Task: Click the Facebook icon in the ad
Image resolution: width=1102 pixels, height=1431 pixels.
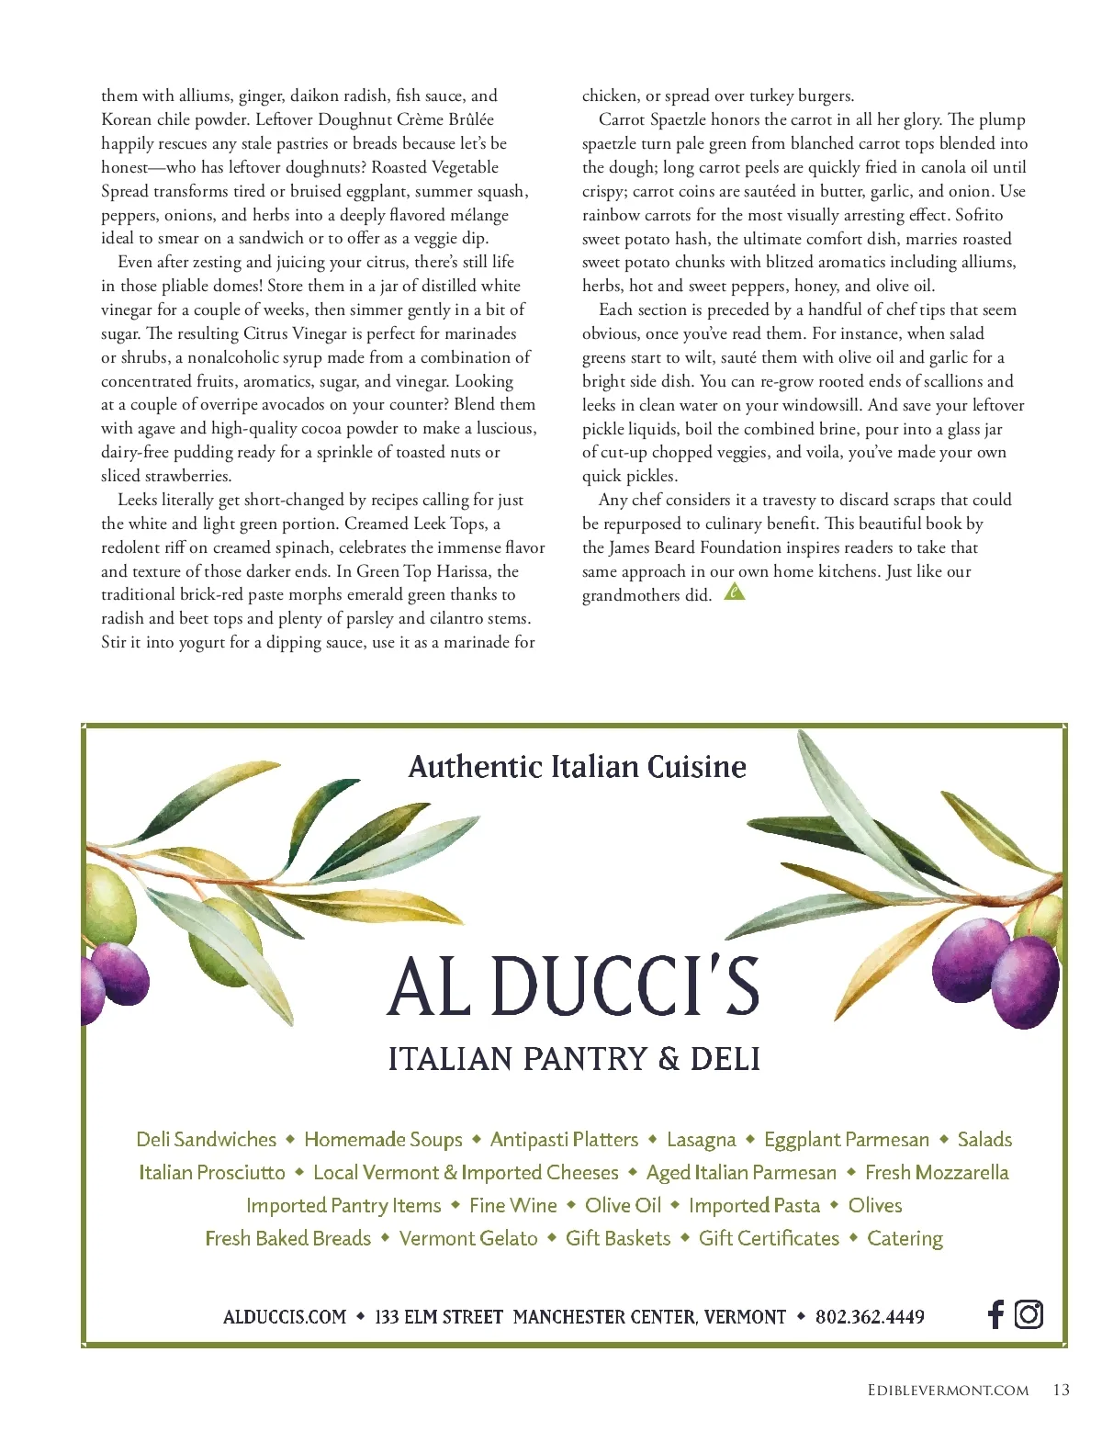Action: [x=995, y=1314]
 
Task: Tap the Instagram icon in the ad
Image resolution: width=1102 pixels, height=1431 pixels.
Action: [x=1029, y=1314]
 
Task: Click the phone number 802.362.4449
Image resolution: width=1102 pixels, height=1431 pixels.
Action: [x=870, y=1317]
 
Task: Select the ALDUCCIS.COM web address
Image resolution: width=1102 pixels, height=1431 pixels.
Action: [x=285, y=1317]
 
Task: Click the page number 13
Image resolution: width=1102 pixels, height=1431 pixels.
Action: [x=1061, y=1390]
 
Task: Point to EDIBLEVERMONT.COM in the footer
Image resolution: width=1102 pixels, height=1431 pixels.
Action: [x=948, y=1391]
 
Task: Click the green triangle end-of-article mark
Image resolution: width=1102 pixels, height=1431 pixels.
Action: [x=734, y=592]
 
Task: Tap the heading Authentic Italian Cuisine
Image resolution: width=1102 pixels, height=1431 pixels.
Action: [x=577, y=767]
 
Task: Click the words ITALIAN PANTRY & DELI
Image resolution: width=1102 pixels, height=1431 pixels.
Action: [x=574, y=1059]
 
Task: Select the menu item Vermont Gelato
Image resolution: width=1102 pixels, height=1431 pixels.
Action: [x=468, y=1238]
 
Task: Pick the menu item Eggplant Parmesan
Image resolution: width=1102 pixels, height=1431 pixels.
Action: [x=847, y=1140]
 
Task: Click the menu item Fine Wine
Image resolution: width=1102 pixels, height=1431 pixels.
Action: [x=512, y=1205]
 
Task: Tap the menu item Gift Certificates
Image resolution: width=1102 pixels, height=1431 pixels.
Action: [x=769, y=1238]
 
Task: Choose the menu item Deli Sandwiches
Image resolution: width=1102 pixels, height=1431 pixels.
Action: [x=206, y=1140]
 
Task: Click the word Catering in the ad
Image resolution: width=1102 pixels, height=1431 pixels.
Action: [x=905, y=1238]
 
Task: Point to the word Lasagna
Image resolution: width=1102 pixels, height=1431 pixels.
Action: [x=701, y=1140]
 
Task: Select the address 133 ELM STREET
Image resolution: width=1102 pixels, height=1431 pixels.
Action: [x=439, y=1317]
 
